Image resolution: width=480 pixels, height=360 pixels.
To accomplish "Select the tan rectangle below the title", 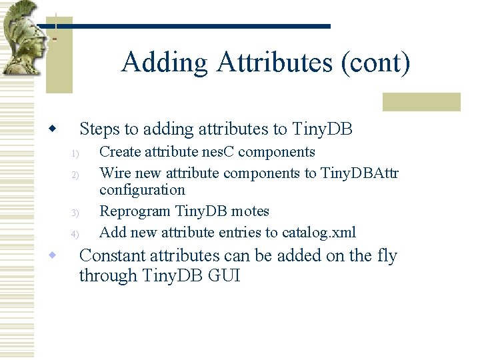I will click(x=421, y=101).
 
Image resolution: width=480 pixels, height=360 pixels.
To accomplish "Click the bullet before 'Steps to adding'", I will click(x=51, y=128).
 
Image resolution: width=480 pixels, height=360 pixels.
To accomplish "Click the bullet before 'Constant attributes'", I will click(x=51, y=255).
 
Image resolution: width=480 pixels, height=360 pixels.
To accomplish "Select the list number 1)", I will click(x=75, y=154).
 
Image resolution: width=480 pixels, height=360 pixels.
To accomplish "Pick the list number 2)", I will click(x=75, y=175).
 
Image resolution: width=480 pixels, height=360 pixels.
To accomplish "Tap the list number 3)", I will click(x=75, y=213).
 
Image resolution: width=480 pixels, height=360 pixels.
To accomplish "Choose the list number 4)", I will click(x=75, y=234).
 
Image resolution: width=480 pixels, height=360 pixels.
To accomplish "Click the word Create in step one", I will click(x=120, y=152).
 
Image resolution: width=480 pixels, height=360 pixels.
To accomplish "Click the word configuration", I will click(x=142, y=190).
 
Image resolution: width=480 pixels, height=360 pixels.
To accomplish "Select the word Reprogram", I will click(x=135, y=211).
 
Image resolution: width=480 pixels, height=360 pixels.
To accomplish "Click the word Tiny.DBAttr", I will click(x=359, y=173).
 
